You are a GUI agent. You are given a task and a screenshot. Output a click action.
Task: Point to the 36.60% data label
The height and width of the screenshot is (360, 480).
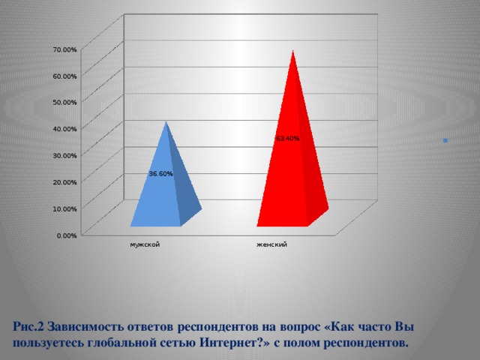click(160, 174)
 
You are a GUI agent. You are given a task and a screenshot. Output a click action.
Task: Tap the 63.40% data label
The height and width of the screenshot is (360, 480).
click(287, 139)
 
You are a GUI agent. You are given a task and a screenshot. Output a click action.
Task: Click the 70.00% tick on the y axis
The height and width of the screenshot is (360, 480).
click(65, 49)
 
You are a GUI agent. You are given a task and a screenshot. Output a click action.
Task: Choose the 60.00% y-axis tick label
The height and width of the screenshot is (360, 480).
click(65, 76)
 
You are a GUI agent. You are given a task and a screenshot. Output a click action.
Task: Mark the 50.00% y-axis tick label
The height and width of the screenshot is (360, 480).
click(65, 102)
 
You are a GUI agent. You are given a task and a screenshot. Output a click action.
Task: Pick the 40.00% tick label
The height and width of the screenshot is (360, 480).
click(65, 129)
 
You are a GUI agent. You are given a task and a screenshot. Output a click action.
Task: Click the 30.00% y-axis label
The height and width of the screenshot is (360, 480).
click(65, 155)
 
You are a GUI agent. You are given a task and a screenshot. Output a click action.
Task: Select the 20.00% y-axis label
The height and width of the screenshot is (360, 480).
click(65, 182)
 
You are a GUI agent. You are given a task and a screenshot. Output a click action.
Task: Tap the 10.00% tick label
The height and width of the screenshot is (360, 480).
click(65, 208)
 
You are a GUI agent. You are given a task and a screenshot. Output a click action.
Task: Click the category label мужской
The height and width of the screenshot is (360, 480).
click(144, 244)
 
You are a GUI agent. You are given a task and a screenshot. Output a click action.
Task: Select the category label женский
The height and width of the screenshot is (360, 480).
click(271, 244)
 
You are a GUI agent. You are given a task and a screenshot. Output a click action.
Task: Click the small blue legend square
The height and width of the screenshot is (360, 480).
click(445, 140)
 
